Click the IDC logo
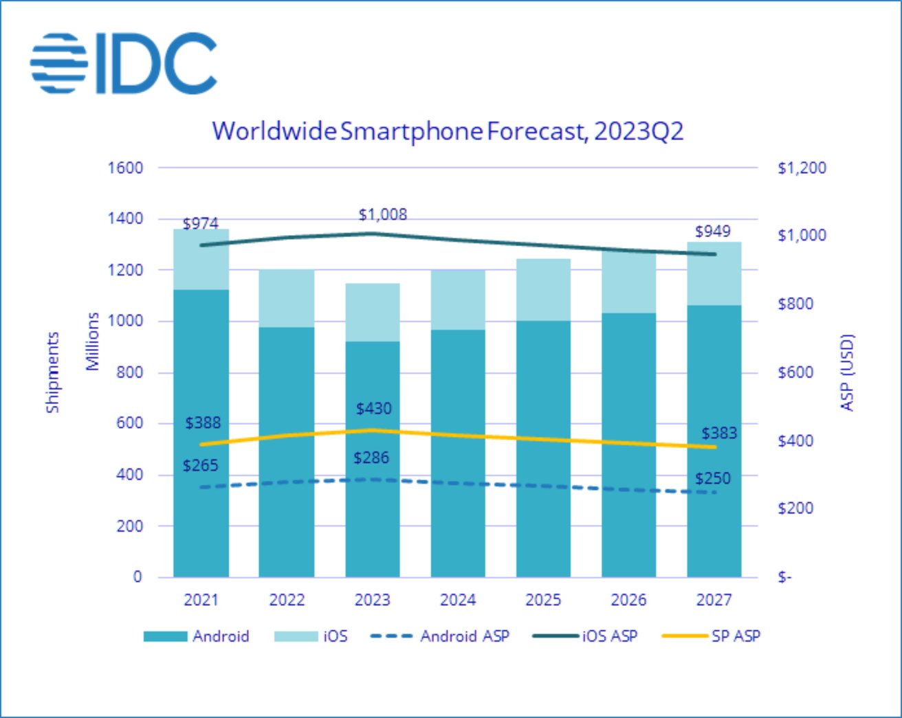[x=124, y=63]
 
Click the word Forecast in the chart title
[x=537, y=131]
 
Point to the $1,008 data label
[x=383, y=214]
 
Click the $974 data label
[x=201, y=223]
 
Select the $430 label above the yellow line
[x=373, y=409]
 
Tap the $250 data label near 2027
[x=712, y=478]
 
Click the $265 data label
[x=201, y=465]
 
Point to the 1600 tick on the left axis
[x=125, y=168]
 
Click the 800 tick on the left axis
[x=129, y=372]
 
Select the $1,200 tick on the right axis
[x=802, y=168]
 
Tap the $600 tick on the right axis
[x=795, y=372]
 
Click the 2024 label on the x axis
[x=458, y=600]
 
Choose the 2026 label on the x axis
[x=628, y=600]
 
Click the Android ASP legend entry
[x=440, y=636]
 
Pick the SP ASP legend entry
[x=712, y=636]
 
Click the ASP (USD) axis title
[x=848, y=372]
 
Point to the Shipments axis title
[x=52, y=372]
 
